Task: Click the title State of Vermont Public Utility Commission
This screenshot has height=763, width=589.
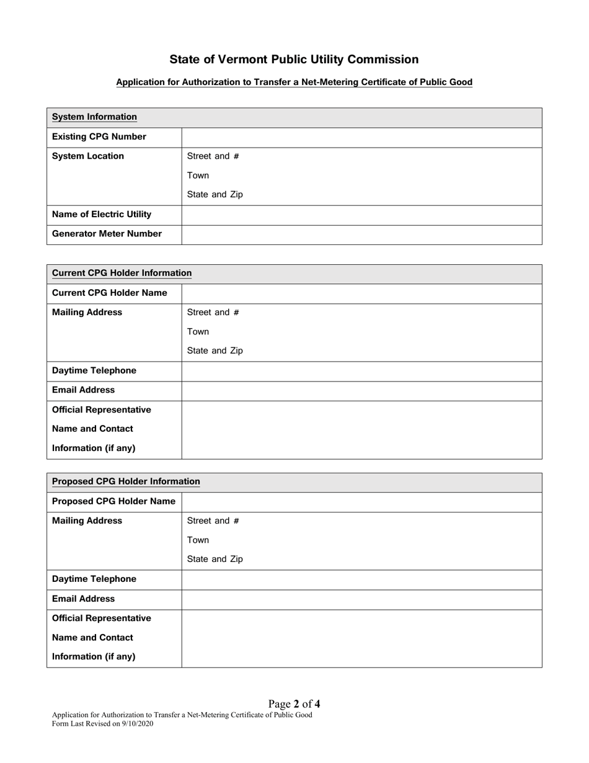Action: (294, 60)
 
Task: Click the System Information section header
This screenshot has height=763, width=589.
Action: (94, 117)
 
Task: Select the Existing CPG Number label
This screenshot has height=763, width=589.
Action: (99, 136)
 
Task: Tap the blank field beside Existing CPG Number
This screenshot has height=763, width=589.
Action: (361, 137)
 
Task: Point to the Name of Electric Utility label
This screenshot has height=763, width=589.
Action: (102, 215)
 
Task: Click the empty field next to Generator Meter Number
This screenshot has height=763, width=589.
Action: (361, 234)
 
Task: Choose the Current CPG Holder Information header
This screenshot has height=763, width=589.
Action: (122, 273)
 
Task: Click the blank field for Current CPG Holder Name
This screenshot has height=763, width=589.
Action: (361, 293)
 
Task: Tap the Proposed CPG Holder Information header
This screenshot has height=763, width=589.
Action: (126, 481)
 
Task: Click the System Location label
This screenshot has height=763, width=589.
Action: (88, 156)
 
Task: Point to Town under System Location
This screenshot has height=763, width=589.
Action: (198, 176)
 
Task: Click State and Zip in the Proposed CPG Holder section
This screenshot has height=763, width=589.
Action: (215, 560)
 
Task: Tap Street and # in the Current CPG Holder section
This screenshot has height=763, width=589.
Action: (213, 313)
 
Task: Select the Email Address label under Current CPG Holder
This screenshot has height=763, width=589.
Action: (83, 390)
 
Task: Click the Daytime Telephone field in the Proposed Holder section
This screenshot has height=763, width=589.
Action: (361, 579)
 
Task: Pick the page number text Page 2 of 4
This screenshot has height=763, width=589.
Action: (294, 704)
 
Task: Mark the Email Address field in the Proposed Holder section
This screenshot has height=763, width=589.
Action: (361, 599)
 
